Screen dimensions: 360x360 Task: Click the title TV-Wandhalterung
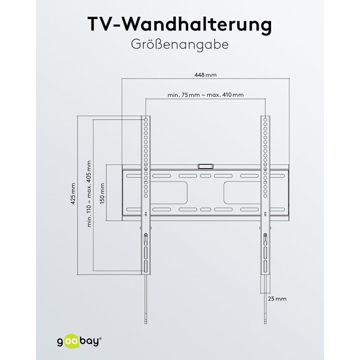[180, 25]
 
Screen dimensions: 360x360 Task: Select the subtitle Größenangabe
[180, 45]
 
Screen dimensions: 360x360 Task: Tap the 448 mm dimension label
[206, 75]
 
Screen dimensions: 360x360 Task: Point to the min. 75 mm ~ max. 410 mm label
[206, 95]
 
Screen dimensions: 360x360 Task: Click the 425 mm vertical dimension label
[73, 194]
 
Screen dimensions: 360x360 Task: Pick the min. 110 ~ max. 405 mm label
[89, 194]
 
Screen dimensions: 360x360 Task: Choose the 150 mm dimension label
[102, 193]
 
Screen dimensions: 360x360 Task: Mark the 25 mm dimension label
[277, 299]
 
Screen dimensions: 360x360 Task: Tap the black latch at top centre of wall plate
[206, 166]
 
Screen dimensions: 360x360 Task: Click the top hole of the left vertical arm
[146, 120]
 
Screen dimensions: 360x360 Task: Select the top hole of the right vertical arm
[265, 120]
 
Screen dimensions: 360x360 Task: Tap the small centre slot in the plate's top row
[206, 176]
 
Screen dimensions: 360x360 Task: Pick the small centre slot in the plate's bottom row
[206, 210]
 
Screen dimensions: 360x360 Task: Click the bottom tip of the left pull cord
[146, 323]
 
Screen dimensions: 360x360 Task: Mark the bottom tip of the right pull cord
[265, 323]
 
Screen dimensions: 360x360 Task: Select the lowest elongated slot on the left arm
[146, 266]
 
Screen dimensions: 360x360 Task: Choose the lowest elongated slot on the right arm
[265, 266]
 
